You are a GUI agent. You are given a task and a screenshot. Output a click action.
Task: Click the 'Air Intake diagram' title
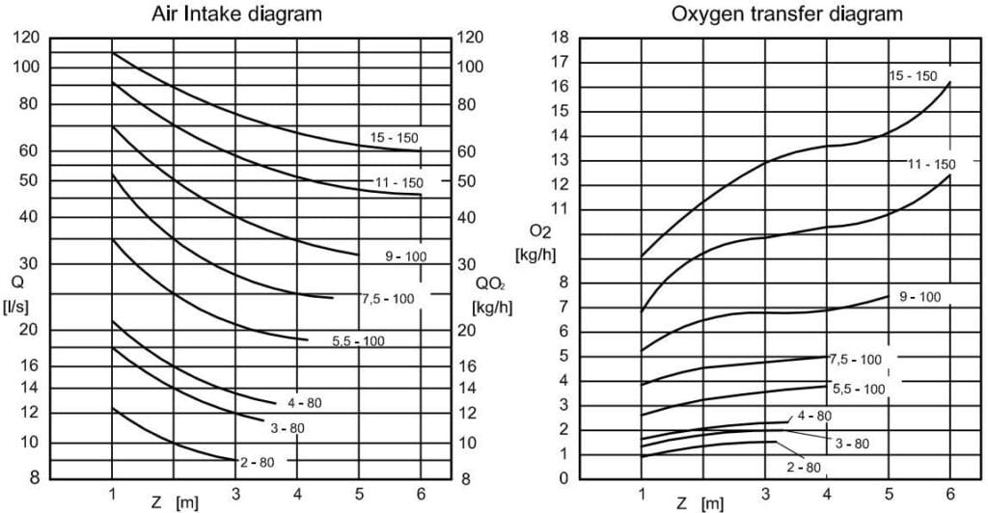pos(237,13)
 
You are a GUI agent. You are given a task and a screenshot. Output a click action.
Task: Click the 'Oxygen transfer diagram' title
pos(787,13)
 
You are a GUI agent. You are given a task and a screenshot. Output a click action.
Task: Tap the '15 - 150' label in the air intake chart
pos(394,138)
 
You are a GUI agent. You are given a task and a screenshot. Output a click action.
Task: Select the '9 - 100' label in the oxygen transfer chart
pos(919,297)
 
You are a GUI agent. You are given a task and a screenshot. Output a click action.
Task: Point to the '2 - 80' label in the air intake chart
pos(257,463)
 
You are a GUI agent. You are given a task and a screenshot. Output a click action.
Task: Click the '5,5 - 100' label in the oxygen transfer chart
pos(859,390)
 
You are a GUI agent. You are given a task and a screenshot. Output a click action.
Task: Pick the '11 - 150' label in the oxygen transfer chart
pos(931,165)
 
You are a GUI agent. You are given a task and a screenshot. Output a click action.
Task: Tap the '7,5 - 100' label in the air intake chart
pos(388,298)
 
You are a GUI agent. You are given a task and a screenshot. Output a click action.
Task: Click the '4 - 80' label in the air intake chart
pos(304,403)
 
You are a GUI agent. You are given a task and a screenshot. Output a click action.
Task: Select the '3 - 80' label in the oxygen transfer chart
pos(852,444)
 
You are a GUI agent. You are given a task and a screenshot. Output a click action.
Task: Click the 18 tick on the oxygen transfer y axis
pos(561,38)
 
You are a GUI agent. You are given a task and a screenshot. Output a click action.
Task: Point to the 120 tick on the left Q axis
pos(26,38)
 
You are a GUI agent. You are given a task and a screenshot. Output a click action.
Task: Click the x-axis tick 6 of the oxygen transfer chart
pos(950,494)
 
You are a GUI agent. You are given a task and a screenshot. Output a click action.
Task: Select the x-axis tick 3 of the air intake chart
pos(236,494)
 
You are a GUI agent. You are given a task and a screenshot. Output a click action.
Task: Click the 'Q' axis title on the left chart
pos(17,283)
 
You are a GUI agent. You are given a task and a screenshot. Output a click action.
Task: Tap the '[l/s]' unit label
pos(17,308)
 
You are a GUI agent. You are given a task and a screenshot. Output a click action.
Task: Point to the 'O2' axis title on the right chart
pos(540,232)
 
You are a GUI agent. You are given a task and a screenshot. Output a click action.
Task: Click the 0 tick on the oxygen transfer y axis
pos(563,478)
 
